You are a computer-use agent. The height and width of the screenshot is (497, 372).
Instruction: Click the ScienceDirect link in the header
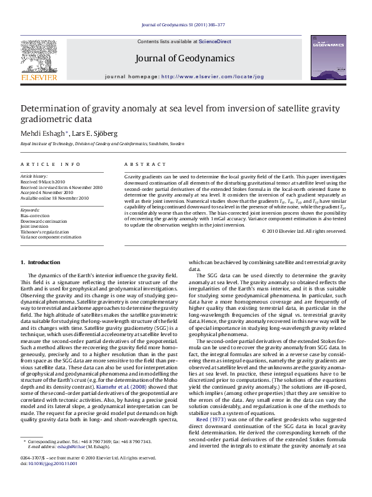point(214,41)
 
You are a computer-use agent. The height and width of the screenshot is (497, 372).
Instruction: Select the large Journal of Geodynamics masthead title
point(184,58)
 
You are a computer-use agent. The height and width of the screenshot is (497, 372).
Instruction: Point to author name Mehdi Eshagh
point(41,133)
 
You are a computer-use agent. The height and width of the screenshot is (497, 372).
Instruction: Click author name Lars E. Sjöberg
point(89,133)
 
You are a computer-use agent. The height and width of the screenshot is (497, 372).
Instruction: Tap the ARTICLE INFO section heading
point(51,164)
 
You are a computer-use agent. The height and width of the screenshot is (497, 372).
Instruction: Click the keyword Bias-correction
point(34,215)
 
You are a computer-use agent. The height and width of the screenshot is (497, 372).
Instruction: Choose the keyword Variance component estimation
point(51,237)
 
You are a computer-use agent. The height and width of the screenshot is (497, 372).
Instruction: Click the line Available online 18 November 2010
point(54,198)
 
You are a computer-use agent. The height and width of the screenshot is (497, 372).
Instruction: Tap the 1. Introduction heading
point(41,262)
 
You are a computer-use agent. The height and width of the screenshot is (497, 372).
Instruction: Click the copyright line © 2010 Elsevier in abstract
point(303,231)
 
